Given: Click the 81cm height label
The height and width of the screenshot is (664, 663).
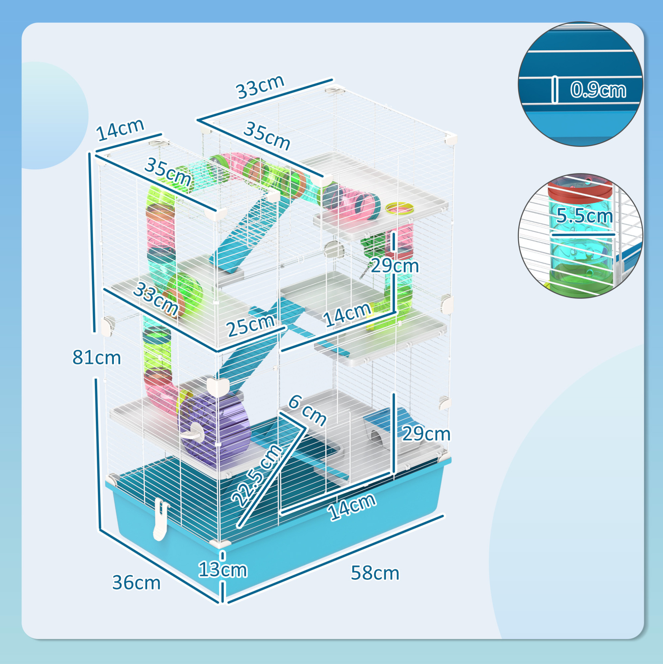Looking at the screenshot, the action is pos(97,358).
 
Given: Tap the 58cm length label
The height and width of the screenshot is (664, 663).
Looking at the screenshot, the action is pos(375,573).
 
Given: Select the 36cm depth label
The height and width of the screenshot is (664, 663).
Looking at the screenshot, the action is pos(136,582).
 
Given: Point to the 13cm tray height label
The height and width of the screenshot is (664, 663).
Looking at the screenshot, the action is pos(223,569).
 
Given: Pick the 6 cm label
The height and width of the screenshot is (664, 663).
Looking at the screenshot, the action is pos(307,411).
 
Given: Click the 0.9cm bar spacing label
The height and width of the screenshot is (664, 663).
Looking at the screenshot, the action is pos(598,90).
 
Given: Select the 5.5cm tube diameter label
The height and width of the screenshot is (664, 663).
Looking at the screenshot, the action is pos(584,216).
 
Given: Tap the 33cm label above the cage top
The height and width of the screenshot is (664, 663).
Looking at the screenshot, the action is pos(260,86).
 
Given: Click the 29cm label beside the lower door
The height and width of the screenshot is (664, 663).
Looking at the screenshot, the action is pos(426,434).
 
